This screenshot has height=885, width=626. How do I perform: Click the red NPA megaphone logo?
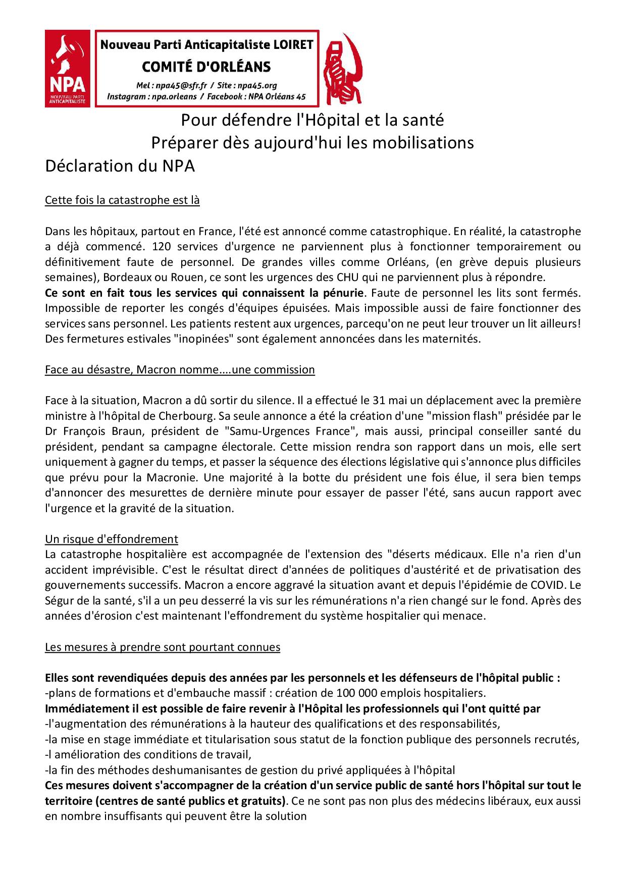tap(68, 68)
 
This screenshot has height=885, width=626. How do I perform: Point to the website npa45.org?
tap(257, 85)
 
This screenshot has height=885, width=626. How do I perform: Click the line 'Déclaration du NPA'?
tap(120, 167)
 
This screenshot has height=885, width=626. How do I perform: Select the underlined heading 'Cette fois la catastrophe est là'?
tap(122, 200)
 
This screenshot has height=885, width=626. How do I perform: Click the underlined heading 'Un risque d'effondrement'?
tap(112, 539)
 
